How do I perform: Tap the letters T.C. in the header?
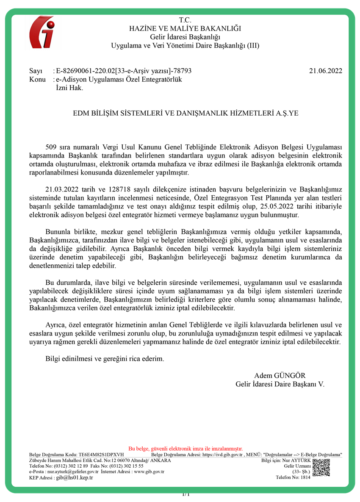(185, 20)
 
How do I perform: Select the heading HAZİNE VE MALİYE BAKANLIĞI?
(185, 28)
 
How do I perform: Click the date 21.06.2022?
(326, 71)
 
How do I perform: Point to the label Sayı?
(36, 71)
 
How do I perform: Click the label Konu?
(37, 80)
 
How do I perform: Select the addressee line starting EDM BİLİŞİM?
(186, 114)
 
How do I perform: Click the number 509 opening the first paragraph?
(51, 147)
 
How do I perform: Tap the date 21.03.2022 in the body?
(60, 189)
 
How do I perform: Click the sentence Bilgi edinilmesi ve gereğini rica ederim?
(104, 359)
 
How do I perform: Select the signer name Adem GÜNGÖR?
(280, 376)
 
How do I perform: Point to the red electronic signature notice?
(186, 448)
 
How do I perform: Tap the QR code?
(321, 467)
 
